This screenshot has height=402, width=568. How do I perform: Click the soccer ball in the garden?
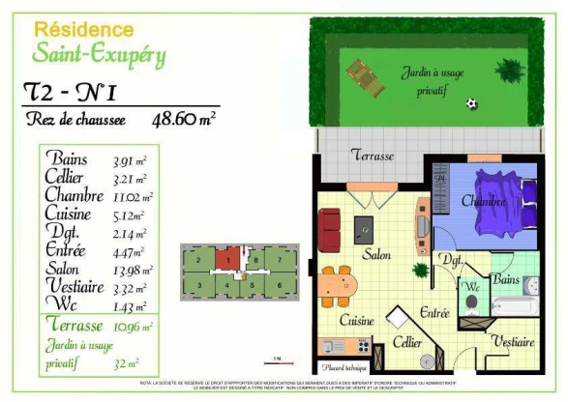[x=471, y=103]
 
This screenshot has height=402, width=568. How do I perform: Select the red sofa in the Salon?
[x=329, y=228]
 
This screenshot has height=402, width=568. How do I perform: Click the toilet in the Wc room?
[x=471, y=301]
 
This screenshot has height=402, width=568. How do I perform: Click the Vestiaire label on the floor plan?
[x=513, y=341]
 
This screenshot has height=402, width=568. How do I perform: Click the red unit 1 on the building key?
[x=223, y=259]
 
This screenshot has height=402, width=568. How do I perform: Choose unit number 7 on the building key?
[x=278, y=259]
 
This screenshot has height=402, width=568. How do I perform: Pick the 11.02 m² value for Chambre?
[x=135, y=196]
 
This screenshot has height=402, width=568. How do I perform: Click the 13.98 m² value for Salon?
[x=135, y=268]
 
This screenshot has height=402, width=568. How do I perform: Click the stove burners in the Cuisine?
[x=364, y=345]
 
